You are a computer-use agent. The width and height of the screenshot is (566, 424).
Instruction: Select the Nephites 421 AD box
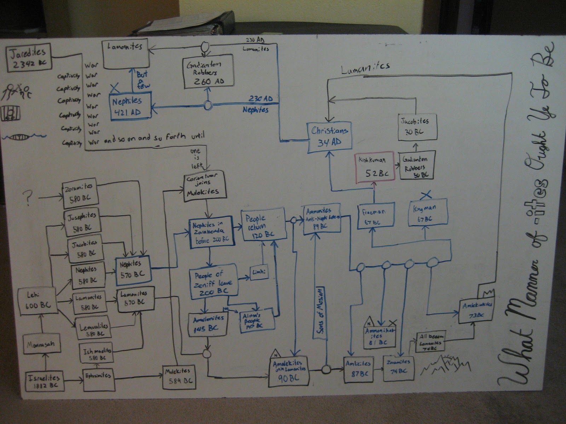click(x=129, y=106)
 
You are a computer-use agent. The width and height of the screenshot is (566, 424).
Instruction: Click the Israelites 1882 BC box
click(x=45, y=381)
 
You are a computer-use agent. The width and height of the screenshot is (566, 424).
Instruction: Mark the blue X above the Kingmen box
click(x=427, y=194)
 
